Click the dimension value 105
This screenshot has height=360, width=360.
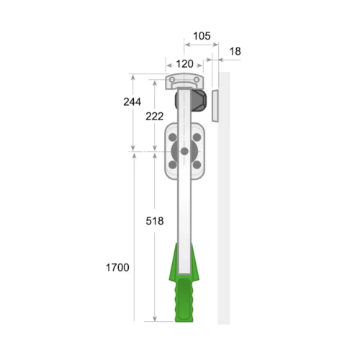coord(202,36)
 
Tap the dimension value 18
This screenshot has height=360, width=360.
coord(235,51)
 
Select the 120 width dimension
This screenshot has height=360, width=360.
coord(184,64)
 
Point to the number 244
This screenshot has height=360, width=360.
coord(132,102)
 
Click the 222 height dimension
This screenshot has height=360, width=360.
coord(155,117)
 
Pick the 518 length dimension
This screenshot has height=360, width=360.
coord(155,221)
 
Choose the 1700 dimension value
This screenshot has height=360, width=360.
coord(117,267)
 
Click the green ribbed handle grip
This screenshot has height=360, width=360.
coord(184,300)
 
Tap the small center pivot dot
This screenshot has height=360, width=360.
coord(184,151)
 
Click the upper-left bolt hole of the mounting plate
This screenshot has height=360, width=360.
coord(173,138)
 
